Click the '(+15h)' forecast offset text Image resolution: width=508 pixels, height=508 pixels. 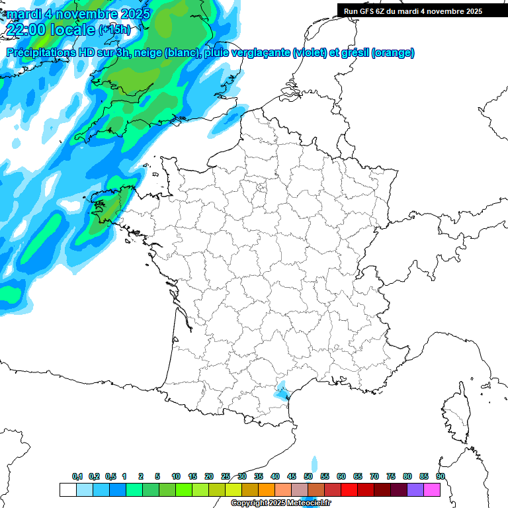point(114,30)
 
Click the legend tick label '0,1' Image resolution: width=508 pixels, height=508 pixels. point(77,477)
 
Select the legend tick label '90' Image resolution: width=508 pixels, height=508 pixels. point(441,477)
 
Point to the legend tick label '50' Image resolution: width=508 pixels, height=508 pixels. point(308,477)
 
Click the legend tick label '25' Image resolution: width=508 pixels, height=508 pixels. point(226,477)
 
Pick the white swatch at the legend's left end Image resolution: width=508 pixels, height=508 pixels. point(67,489)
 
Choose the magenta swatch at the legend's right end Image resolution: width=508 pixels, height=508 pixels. point(432,489)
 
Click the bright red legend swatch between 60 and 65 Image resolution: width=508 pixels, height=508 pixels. point(349,489)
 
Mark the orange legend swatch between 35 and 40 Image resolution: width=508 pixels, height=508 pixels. point(267,489)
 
